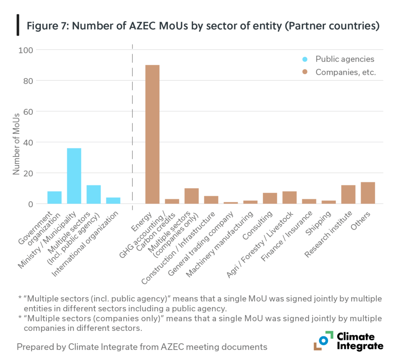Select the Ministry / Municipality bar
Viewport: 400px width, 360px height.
(74, 176)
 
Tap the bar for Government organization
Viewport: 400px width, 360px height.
(55, 197)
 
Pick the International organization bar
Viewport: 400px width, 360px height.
(113, 200)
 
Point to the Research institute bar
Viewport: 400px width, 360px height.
(348, 194)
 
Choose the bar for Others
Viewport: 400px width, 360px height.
(368, 192)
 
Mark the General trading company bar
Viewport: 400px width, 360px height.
(230, 203)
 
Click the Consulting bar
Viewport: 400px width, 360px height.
(270, 198)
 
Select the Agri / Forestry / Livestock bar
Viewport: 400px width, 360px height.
(289, 197)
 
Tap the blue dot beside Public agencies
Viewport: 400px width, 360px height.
(305, 59)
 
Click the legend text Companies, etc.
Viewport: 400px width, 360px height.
(345, 72)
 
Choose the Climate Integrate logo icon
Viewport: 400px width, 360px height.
(323, 340)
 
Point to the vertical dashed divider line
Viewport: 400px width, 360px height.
(133, 125)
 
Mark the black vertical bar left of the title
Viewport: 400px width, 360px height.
(18, 25)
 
